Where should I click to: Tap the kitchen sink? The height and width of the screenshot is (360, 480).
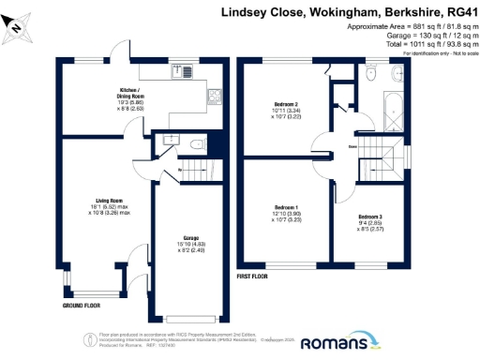pos(178,71)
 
